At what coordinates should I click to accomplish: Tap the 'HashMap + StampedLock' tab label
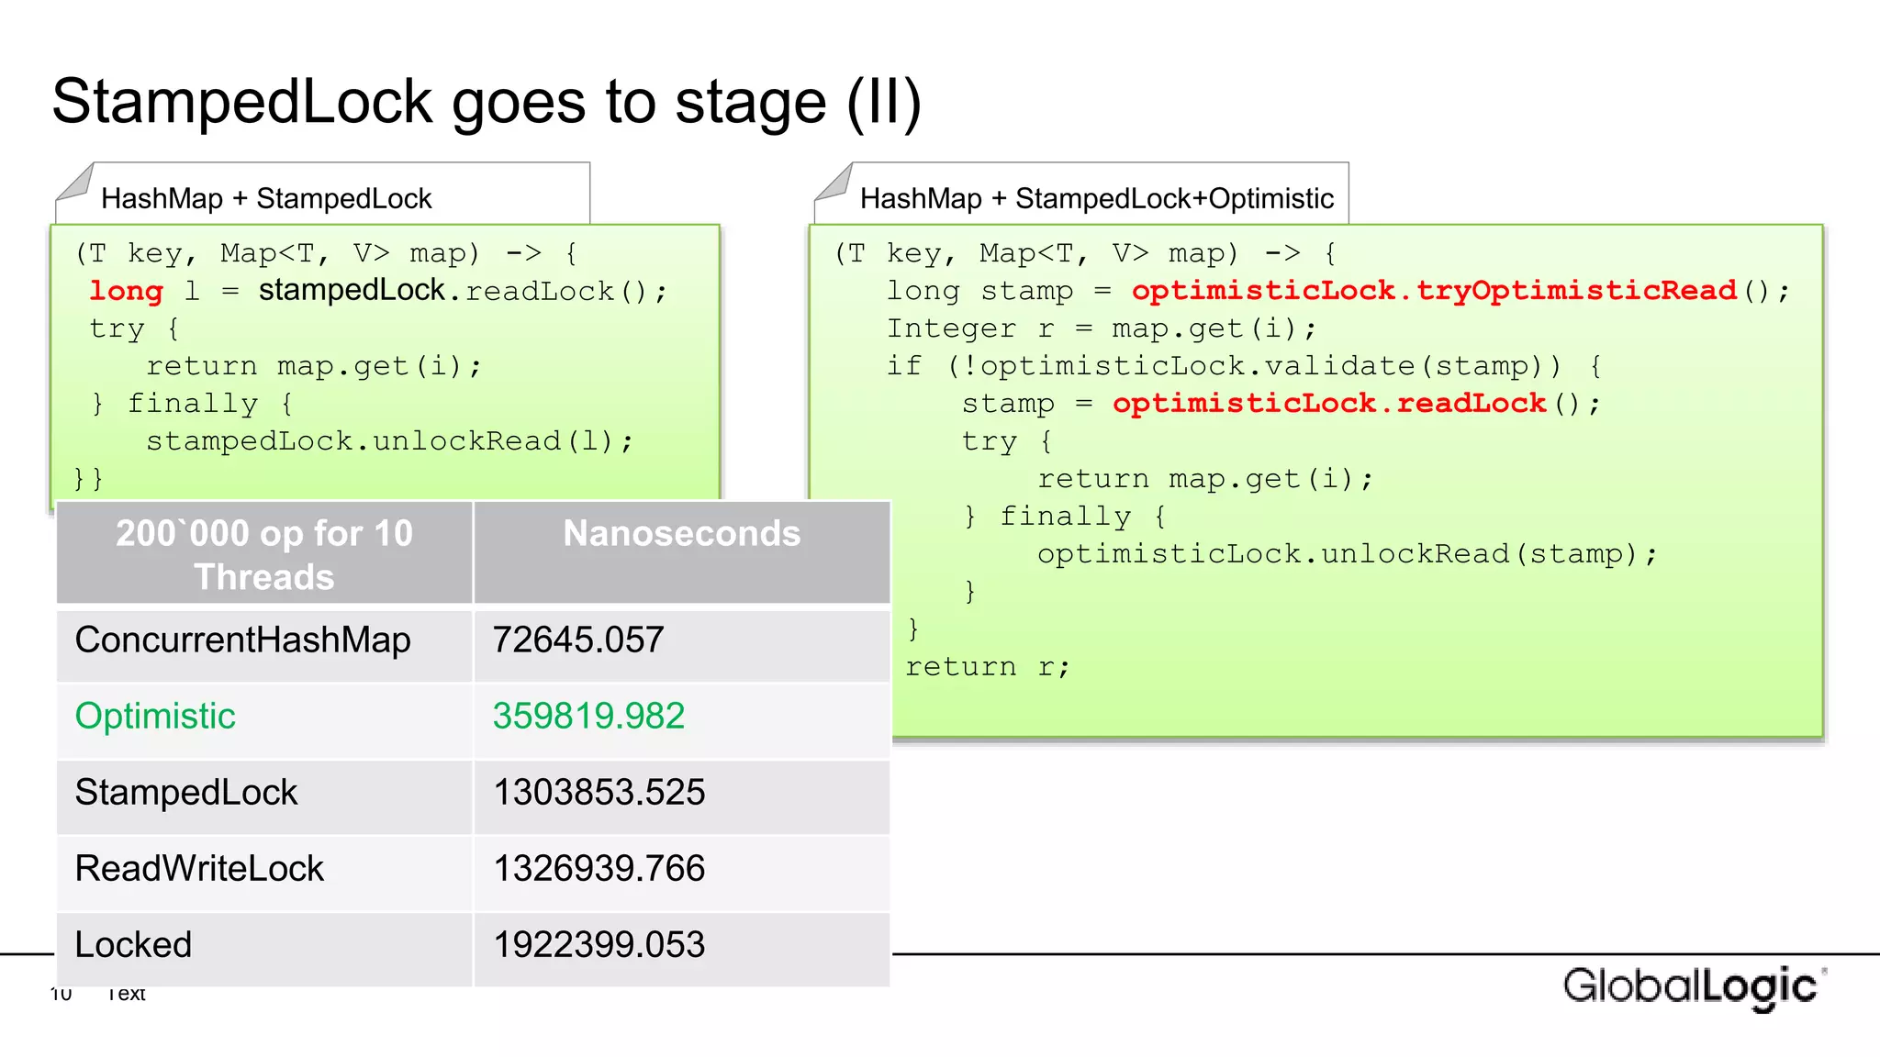click(266, 198)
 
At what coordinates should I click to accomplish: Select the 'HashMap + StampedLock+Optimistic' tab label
click(1096, 198)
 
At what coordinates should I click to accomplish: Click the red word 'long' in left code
click(126, 291)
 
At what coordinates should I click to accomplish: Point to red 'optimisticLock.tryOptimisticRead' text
click(1434, 291)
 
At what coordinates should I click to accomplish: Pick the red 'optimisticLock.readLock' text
click(1329, 404)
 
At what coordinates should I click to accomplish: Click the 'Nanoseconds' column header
click(681, 533)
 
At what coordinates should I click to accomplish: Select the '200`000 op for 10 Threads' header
click(264, 554)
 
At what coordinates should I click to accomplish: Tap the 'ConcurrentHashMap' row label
click(242, 640)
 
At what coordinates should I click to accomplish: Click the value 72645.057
click(578, 640)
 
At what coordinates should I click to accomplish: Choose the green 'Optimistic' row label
click(155, 716)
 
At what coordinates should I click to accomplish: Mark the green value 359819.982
click(588, 716)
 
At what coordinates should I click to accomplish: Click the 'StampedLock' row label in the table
click(186, 792)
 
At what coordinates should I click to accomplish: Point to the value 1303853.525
click(599, 792)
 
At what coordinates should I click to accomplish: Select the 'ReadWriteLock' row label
click(199, 868)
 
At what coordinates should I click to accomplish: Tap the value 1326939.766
click(599, 868)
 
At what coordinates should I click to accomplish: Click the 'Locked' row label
click(133, 944)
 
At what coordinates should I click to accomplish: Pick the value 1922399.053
click(599, 944)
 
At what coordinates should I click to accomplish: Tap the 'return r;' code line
click(988, 667)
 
